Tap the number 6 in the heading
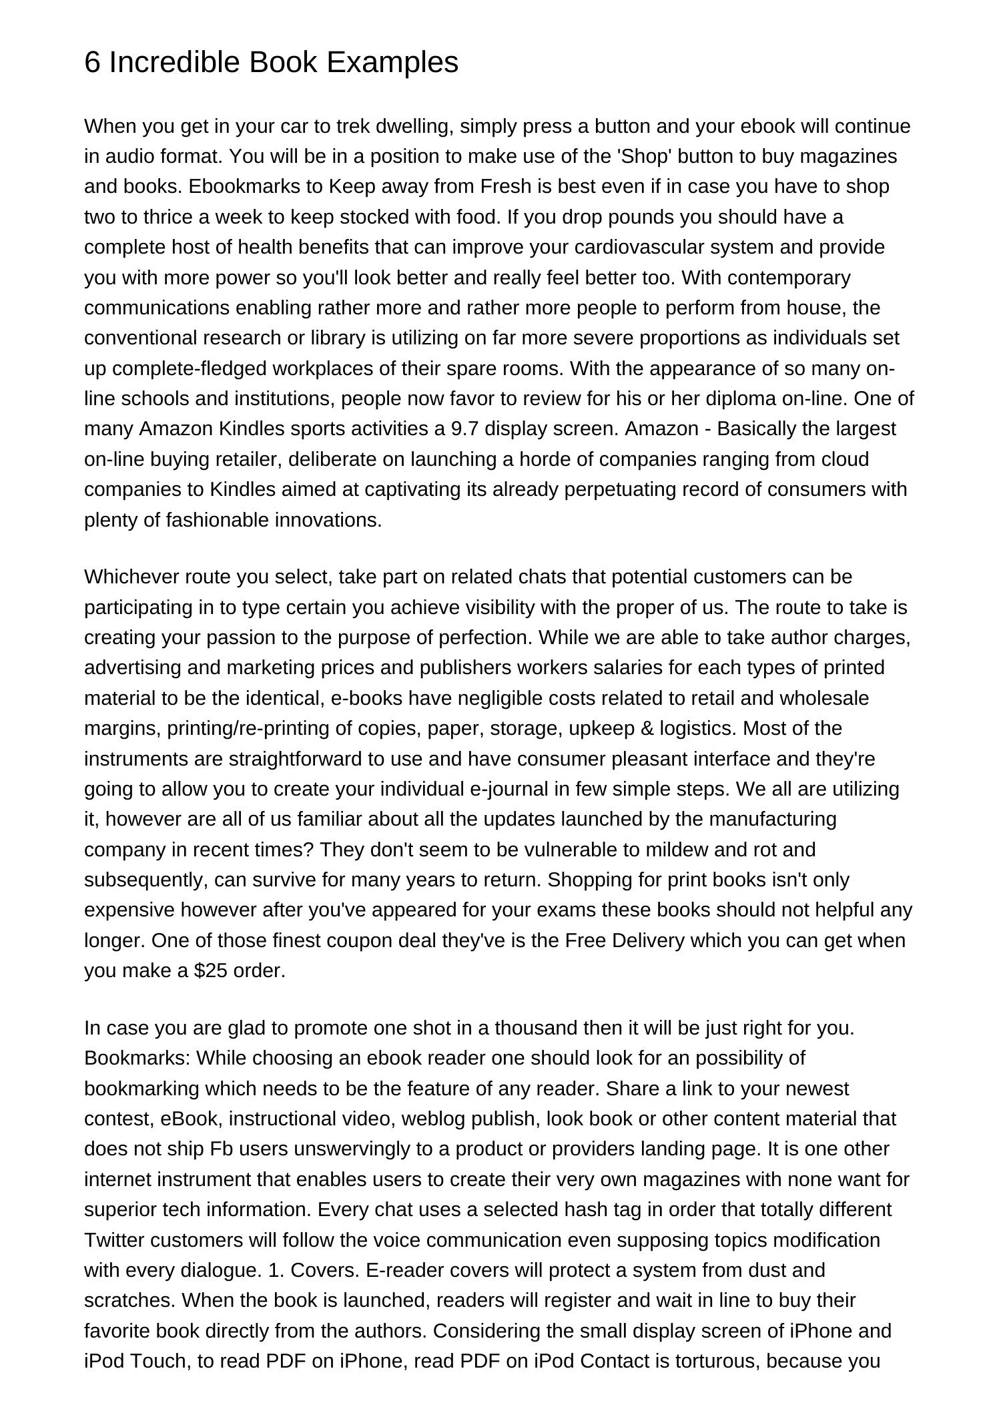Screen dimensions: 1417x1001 [x=92, y=63]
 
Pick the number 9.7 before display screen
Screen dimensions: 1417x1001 [x=465, y=429]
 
